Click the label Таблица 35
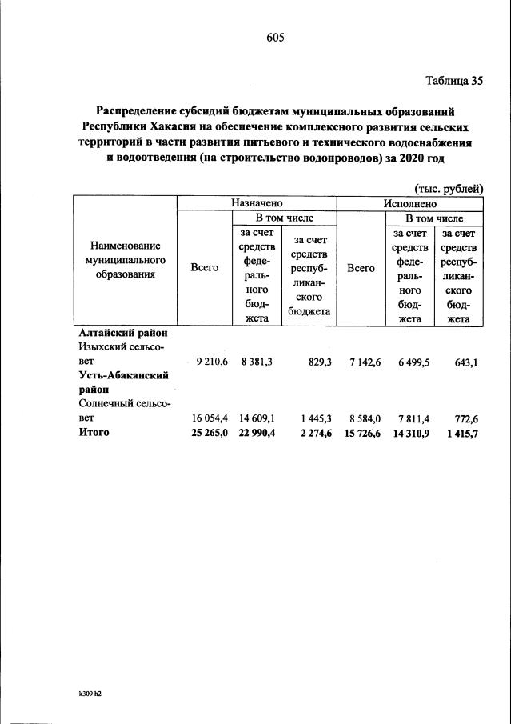(453, 80)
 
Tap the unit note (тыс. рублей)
(449, 188)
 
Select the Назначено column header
(257, 203)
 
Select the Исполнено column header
(409, 203)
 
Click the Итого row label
(94, 432)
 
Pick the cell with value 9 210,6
(212, 362)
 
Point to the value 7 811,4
(413, 418)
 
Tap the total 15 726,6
(361, 433)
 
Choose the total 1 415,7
(462, 433)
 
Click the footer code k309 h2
(85, 694)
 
